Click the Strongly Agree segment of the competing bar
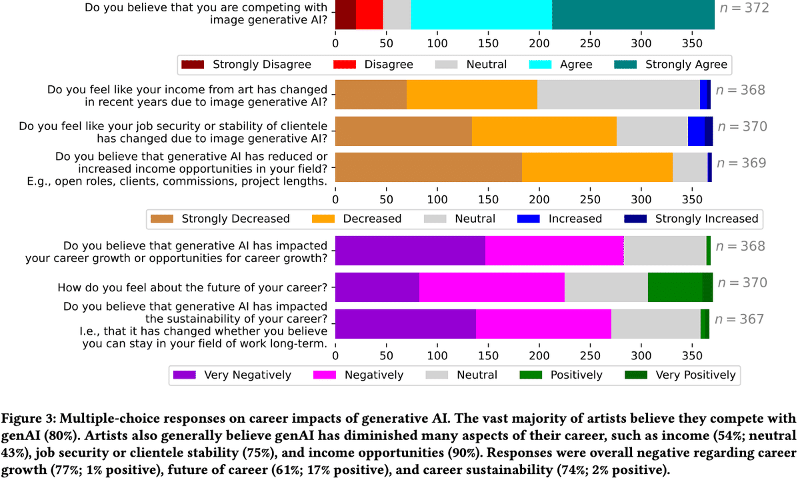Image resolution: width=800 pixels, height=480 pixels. point(633,15)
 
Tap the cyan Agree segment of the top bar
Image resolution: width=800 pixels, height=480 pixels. point(481,15)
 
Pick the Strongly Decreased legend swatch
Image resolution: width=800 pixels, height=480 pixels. point(162,219)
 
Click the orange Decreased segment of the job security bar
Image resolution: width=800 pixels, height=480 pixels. point(544,131)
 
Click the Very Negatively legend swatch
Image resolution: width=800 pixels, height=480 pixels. point(184,375)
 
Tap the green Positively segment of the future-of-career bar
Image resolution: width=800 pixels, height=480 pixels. point(675,287)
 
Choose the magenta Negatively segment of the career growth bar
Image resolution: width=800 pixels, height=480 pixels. point(555,250)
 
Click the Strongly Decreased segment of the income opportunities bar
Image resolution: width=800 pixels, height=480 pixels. point(428,167)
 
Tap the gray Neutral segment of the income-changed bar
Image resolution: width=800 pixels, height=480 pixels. point(619,95)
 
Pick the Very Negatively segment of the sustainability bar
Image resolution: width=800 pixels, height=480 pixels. point(405,323)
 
